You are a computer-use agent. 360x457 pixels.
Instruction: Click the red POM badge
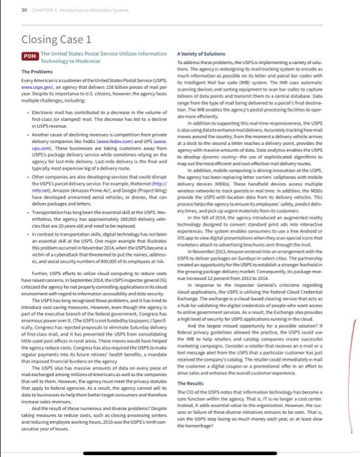[x=28, y=57]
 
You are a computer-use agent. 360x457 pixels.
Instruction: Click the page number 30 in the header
[x=24, y=8]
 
